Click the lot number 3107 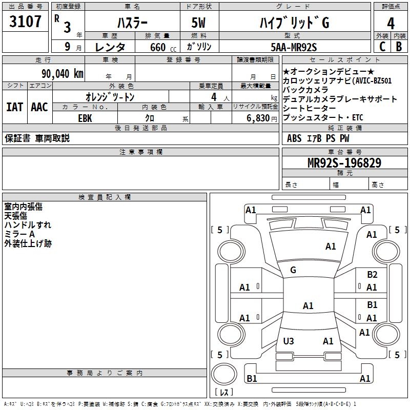coord(25,22)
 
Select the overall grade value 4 coord(391,24)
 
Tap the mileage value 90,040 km coord(62,74)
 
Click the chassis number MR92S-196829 coord(344,162)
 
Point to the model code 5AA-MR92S coord(294,47)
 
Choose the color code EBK coord(85,118)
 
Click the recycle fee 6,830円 coord(262,118)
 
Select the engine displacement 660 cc coord(163,47)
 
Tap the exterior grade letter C coord(382,47)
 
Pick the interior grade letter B coord(399,47)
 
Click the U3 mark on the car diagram coord(289,341)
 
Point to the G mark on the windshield coord(293,270)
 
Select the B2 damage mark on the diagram coord(372,274)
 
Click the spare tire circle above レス coord(224,374)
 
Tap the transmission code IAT coord(15,107)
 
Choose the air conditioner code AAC coord(39,107)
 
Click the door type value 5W coord(198,23)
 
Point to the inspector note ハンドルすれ coord(28,225)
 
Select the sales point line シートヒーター coord(310,108)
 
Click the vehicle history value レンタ coord(110,47)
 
